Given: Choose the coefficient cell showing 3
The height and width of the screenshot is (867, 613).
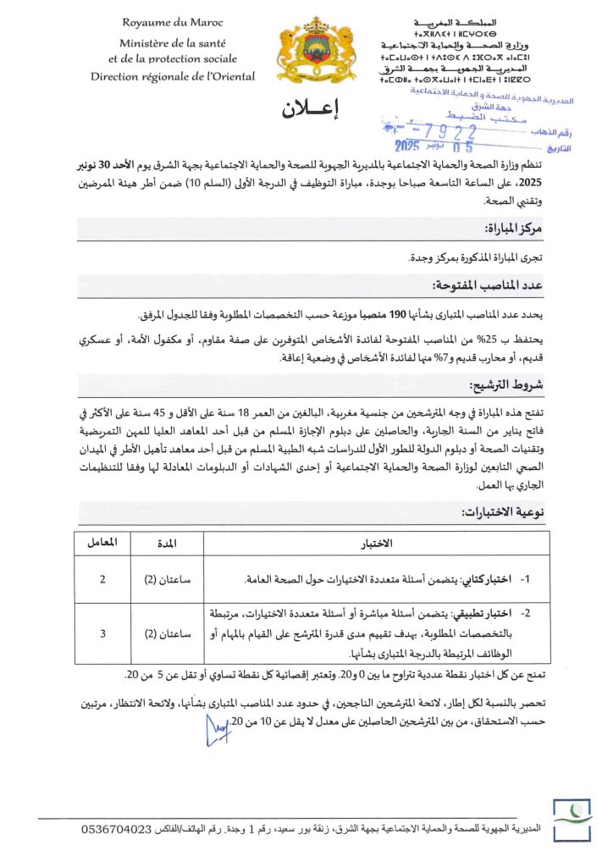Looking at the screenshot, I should coord(103,632).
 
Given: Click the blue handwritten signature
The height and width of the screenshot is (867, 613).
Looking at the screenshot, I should coord(219,728).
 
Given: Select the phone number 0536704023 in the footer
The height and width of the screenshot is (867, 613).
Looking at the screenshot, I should coord(118,828).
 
